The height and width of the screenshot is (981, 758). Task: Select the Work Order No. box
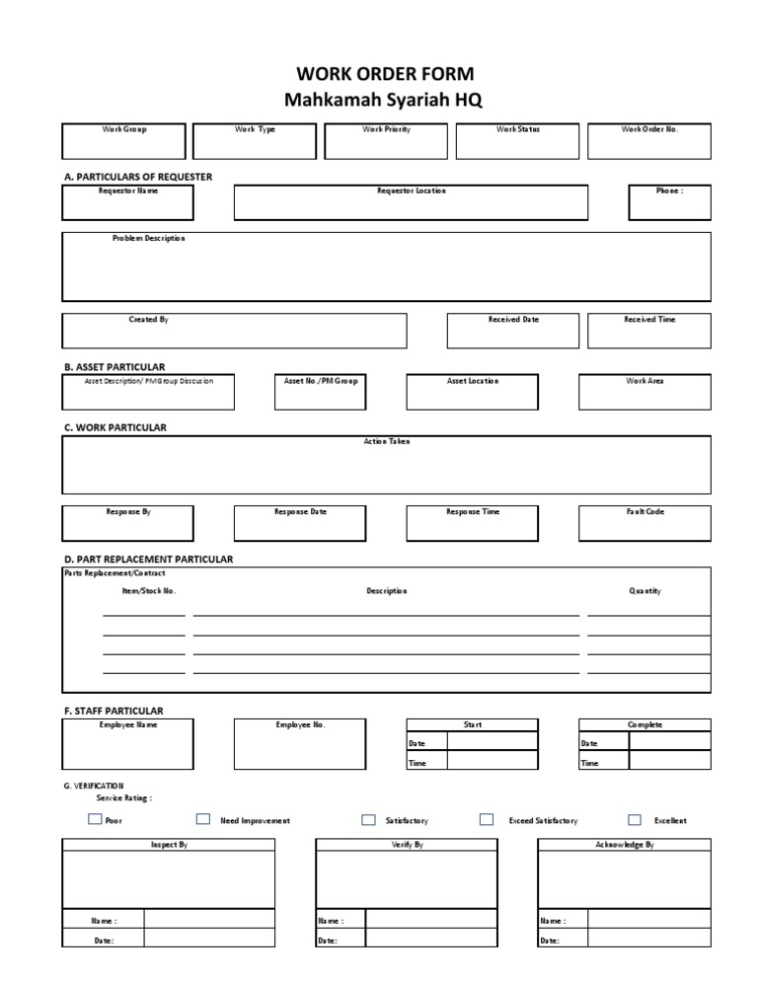pyautogui.click(x=649, y=141)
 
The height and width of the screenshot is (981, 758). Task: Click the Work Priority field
pyautogui.click(x=386, y=141)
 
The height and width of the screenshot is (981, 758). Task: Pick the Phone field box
pyautogui.click(x=669, y=202)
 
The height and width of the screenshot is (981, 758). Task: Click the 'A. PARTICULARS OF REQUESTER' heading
pyautogui.click(x=137, y=177)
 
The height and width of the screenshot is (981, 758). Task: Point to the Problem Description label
pyautogui.click(x=148, y=239)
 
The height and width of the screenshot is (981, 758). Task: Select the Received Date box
pyautogui.click(x=513, y=331)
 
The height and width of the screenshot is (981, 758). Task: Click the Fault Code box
pyautogui.click(x=644, y=523)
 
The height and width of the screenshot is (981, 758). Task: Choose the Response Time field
pyautogui.click(x=473, y=523)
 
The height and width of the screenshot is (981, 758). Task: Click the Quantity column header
pyautogui.click(x=644, y=591)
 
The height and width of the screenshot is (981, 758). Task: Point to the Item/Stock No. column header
pyautogui.click(x=148, y=591)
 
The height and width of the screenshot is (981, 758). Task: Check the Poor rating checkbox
pyautogui.click(x=95, y=819)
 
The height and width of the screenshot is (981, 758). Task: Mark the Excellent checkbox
pyautogui.click(x=635, y=819)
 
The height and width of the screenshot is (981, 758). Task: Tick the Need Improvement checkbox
pyautogui.click(x=203, y=819)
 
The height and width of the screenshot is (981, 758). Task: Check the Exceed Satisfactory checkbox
pyautogui.click(x=487, y=819)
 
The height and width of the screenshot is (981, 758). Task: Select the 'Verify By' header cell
pyautogui.click(x=407, y=846)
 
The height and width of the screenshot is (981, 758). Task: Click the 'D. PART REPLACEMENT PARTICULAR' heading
pyautogui.click(x=148, y=560)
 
